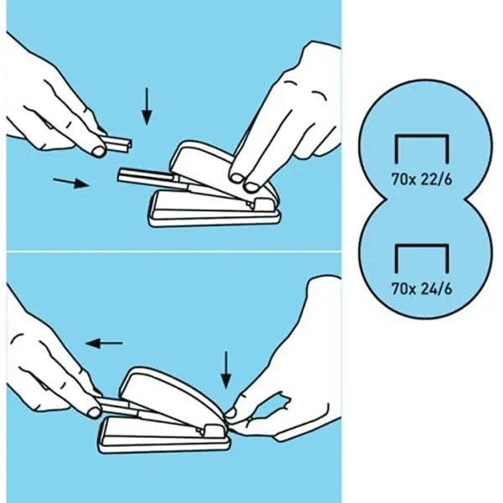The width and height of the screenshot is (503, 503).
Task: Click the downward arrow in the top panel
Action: point(147,106)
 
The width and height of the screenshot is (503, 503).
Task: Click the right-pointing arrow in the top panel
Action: point(71,183)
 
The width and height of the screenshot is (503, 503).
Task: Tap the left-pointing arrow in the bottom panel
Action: point(104,344)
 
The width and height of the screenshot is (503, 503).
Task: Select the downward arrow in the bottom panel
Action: point(226,370)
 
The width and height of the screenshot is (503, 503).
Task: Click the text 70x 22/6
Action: point(422,179)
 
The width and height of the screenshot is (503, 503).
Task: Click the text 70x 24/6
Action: point(422,288)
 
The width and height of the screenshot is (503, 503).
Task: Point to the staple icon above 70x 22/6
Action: point(422,149)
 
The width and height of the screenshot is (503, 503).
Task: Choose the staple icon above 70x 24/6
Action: point(422,258)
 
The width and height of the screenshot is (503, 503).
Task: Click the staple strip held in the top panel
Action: point(117,143)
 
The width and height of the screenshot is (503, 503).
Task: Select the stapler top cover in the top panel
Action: point(221,170)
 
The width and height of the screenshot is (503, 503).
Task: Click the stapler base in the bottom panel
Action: point(164,435)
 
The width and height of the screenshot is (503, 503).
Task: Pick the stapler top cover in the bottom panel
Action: point(174,397)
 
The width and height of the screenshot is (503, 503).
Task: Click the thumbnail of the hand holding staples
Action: point(99,151)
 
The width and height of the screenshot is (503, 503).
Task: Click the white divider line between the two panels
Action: point(174,251)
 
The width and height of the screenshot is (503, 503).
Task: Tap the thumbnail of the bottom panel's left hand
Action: point(94,412)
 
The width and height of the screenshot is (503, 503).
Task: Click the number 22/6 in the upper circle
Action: point(436,179)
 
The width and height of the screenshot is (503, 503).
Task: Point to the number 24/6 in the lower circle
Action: point(436,288)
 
